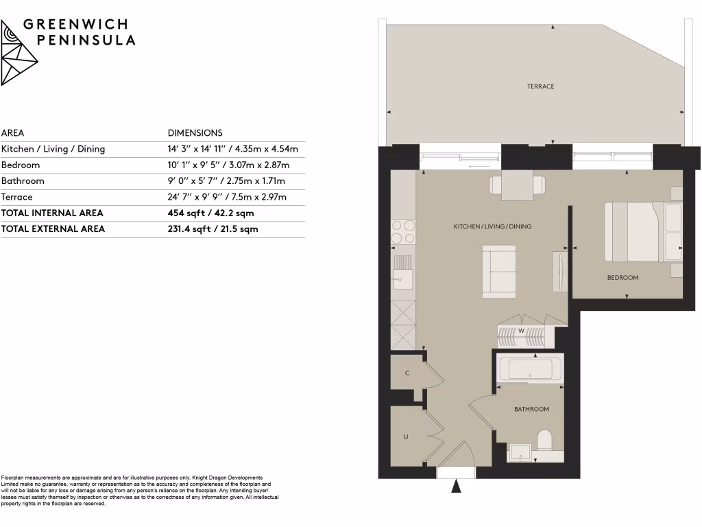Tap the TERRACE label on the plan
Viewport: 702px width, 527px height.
[x=540, y=86]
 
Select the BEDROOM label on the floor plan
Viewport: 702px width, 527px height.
[x=622, y=278]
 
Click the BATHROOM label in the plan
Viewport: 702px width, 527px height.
[x=531, y=409]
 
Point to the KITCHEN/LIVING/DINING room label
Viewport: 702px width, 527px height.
[x=492, y=226]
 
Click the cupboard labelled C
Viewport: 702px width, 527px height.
[x=407, y=373]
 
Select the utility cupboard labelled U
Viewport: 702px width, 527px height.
[x=406, y=436]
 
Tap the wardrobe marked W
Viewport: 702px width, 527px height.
[x=521, y=331]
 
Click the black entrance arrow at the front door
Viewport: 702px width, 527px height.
[x=456, y=487]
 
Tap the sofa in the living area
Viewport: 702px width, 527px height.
[x=500, y=272]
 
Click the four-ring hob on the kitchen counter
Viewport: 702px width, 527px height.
[x=402, y=231]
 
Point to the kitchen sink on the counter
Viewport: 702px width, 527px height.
[x=402, y=278]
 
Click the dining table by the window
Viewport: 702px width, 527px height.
[x=518, y=185]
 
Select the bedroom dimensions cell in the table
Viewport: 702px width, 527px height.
[x=229, y=165]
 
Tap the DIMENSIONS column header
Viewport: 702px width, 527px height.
[x=195, y=133]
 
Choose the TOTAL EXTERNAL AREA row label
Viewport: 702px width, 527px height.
[x=53, y=229]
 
